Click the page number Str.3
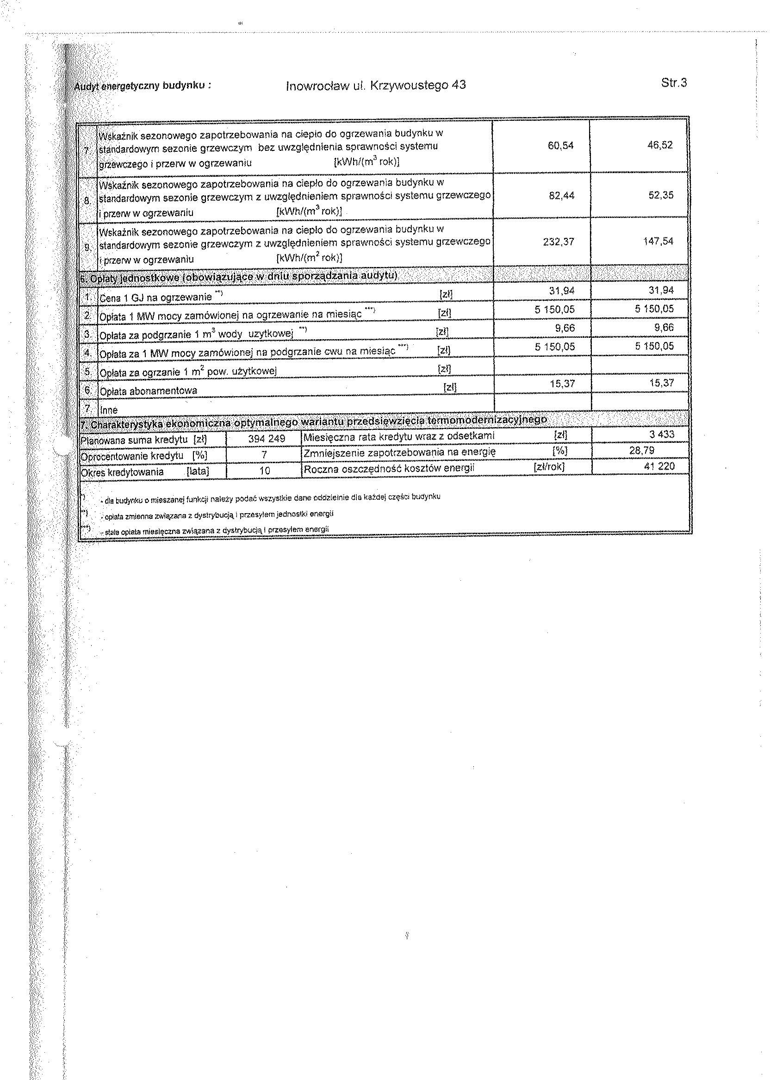coord(674,83)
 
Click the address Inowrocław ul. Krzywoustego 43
coord(376,85)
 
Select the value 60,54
coord(560,146)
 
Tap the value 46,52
coord(660,145)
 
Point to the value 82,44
coord(561,195)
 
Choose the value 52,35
coord(661,195)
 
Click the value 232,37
coord(559,242)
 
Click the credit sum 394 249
coord(267,439)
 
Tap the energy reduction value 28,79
coord(641,450)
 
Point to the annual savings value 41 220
coord(659,466)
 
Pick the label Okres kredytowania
coord(123,472)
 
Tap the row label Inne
coord(109,410)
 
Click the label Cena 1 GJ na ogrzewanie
coord(155,297)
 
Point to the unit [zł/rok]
coord(549,467)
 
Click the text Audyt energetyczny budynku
coord(142,86)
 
